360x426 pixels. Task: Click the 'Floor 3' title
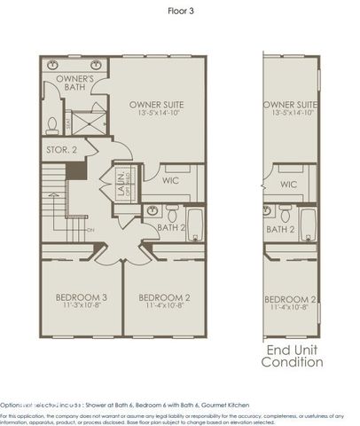[x=180, y=12]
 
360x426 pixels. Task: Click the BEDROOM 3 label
[x=82, y=296]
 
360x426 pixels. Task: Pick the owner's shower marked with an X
[x=89, y=122]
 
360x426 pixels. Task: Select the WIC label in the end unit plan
[x=288, y=185]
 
